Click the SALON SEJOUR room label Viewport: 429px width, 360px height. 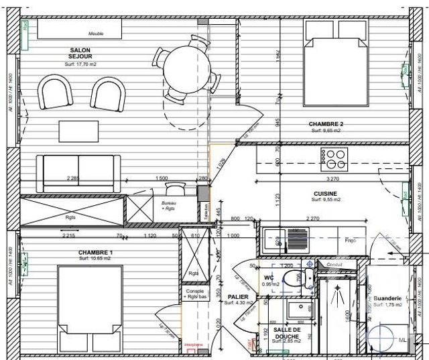coord(80,54)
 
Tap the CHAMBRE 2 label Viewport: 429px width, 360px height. coord(326,125)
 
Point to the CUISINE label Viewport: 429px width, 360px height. coord(326,193)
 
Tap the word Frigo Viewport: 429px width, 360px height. coord(350,239)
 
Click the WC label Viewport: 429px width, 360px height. coord(269,277)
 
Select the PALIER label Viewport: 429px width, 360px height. coord(237,297)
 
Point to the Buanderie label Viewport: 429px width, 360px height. coord(387,298)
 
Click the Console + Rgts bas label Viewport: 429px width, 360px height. coord(194,296)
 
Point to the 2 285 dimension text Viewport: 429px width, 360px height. coord(73,178)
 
